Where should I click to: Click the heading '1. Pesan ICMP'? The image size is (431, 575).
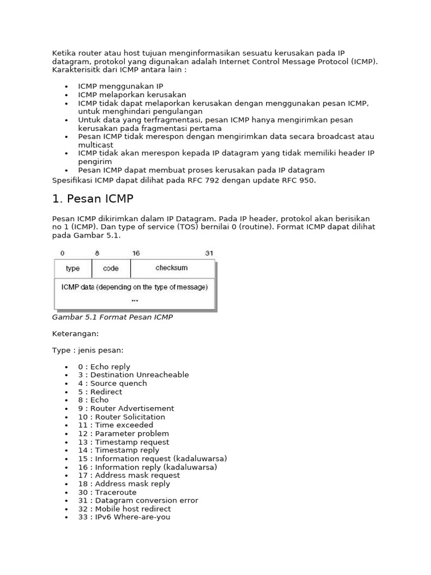[x=93, y=199]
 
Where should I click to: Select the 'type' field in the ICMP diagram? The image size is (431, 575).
[x=73, y=268]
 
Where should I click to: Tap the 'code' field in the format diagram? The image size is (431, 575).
[x=111, y=268]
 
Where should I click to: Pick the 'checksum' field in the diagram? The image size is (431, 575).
[x=172, y=268]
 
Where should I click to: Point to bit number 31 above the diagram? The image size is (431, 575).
[x=209, y=253]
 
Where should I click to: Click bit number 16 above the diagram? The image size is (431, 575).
[x=136, y=253]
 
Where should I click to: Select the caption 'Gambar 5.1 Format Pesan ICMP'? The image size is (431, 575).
[x=112, y=317]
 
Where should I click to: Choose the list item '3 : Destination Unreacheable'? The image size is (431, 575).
[x=134, y=375]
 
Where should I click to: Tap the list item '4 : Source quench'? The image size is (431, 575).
[x=112, y=384]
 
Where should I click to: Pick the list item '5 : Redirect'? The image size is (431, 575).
[x=100, y=392]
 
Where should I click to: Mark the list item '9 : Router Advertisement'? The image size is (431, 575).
[x=126, y=409]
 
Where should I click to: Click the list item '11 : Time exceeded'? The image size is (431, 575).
[x=116, y=425]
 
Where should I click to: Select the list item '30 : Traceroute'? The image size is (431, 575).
[x=107, y=492]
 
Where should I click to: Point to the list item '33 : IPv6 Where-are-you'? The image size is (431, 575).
[x=124, y=517]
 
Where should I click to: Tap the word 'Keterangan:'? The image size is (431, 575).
[x=75, y=334]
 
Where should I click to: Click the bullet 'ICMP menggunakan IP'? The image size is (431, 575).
[x=121, y=86]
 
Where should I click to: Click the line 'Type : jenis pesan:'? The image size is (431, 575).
[x=88, y=350]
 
